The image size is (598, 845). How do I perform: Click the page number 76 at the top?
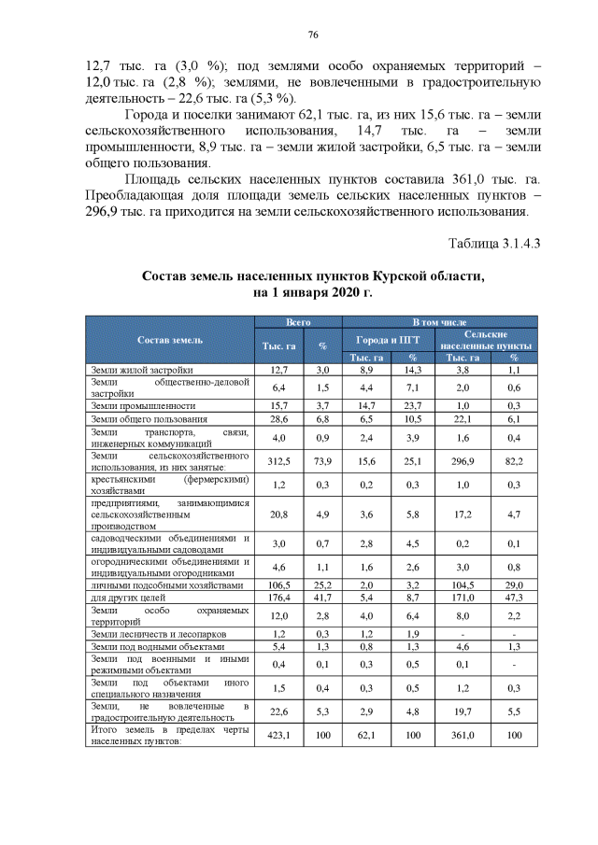tap(313, 35)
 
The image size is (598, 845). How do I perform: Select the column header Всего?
tap(298, 321)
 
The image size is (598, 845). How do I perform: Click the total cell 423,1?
tap(278, 735)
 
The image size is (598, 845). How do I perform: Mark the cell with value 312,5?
tap(278, 459)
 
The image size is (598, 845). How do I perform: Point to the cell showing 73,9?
tap(321, 459)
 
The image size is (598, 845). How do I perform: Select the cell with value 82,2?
tap(513, 459)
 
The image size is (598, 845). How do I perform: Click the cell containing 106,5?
tap(278, 584)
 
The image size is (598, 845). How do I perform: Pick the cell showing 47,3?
tap(513, 597)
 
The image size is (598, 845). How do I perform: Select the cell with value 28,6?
tap(278, 419)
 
